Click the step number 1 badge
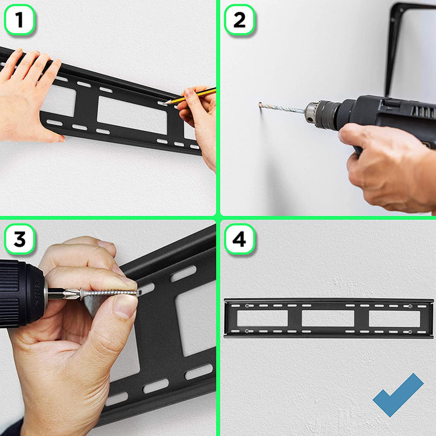(19, 20)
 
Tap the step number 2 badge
(239, 20)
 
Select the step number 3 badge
(19, 239)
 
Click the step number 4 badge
(239, 239)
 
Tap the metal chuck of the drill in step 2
(320, 115)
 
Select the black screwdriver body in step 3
(19, 293)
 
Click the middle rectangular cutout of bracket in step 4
(328, 318)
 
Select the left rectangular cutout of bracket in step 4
(262, 318)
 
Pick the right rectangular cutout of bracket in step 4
(392, 318)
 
